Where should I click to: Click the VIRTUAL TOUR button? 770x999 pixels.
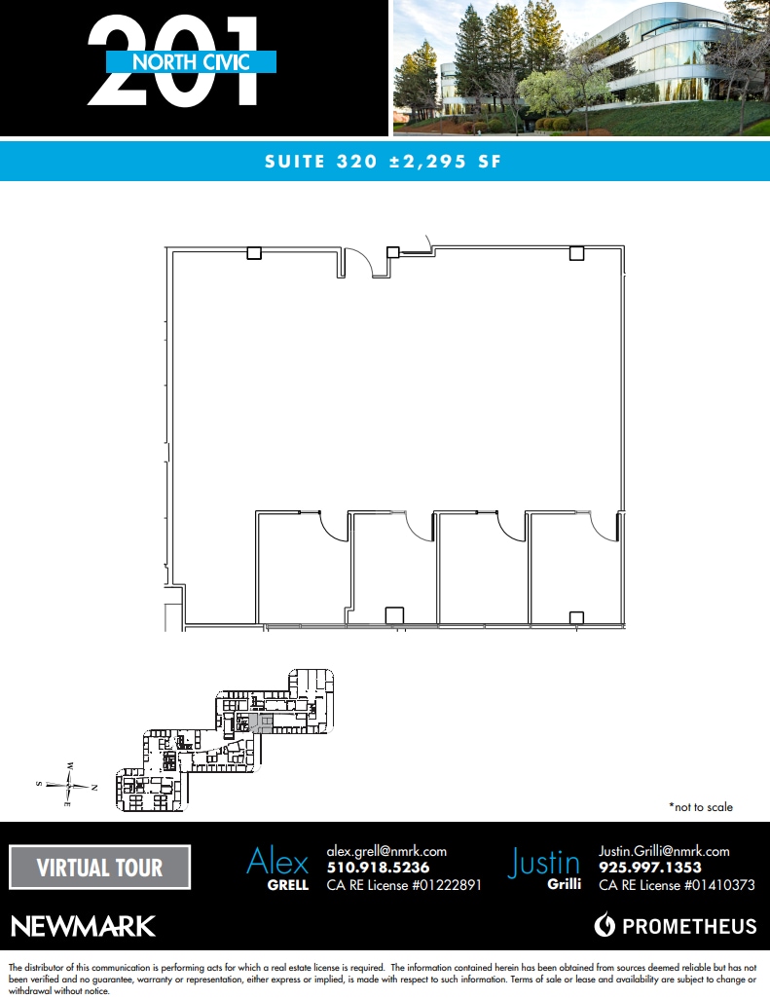coord(99,868)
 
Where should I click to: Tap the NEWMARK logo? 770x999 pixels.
coord(83,925)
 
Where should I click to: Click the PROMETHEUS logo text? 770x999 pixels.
coord(688,925)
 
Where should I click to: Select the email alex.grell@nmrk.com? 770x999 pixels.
coord(386,851)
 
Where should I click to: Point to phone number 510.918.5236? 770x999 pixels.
coord(378,868)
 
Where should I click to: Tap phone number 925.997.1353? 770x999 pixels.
coord(650,868)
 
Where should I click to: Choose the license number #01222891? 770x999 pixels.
coord(437,885)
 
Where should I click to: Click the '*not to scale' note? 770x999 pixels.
coord(701,807)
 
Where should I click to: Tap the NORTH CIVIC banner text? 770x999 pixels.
coord(191,62)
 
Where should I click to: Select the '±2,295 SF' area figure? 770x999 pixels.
coord(438,162)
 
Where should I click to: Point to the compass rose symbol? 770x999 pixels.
coord(68,785)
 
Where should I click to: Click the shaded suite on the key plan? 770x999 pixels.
coord(260,722)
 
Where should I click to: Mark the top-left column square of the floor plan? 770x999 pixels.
coord(254,253)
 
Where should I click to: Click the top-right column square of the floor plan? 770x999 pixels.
coord(576,253)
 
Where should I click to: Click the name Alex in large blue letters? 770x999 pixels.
coord(277,862)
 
